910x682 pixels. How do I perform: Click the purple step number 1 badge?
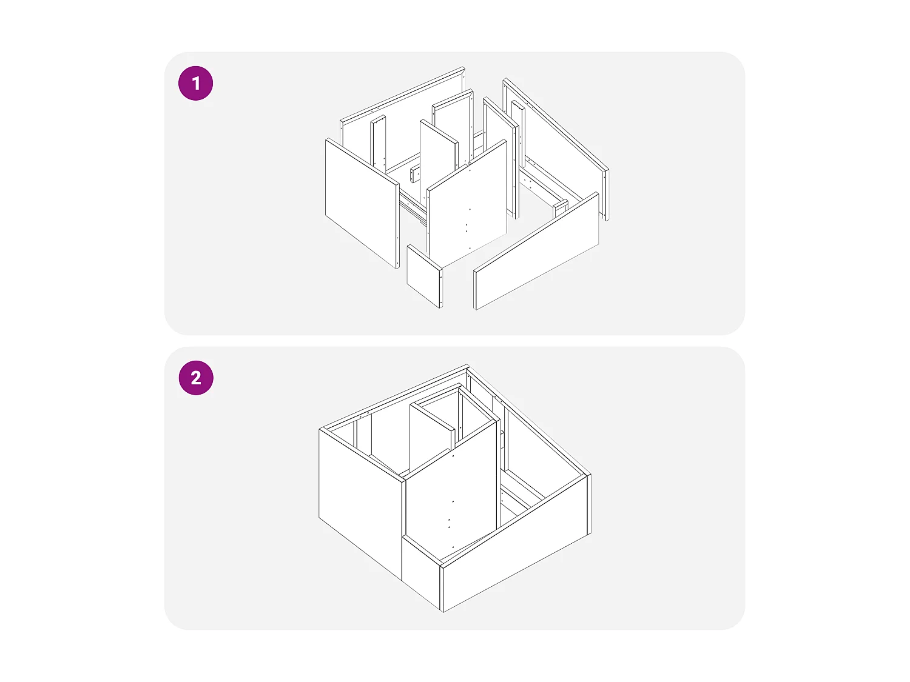(196, 83)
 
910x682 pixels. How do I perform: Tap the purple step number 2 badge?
(196, 378)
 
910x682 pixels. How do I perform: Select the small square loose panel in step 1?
(425, 276)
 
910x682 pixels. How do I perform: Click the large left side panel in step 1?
(362, 203)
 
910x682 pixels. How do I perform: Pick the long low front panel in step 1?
(536, 251)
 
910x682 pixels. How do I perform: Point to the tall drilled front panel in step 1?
(467, 203)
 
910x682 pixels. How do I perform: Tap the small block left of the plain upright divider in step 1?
(415, 175)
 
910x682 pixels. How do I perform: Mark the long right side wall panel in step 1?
(556, 149)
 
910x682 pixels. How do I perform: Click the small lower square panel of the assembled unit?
(422, 573)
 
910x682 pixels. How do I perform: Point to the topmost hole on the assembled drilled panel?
(453, 456)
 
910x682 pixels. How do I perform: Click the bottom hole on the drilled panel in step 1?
(470, 248)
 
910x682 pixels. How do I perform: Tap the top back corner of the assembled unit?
(467, 365)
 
